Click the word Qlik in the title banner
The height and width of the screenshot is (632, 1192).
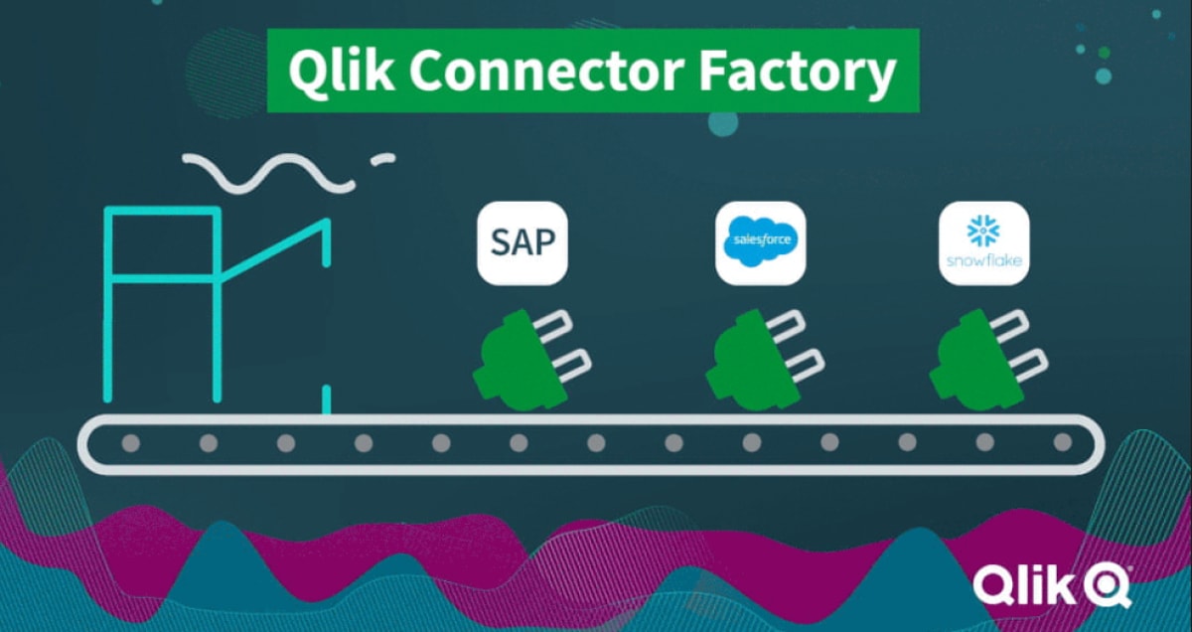pyautogui.click(x=336, y=72)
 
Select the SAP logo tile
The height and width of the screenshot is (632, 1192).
pyautogui.click(x=522, y=243)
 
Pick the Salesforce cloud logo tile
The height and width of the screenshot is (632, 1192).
pyautogui.click(x=760, y=243)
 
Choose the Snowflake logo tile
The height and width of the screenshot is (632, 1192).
pyautogui.click(x=983, y=243)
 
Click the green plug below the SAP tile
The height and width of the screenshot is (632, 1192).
pyautogui.click(x=512, y=358)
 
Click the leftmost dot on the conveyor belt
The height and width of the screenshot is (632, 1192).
pyautogui.click(x=131, y=443)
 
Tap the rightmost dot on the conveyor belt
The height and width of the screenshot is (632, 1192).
pyautogui.click(x=1062, y=443)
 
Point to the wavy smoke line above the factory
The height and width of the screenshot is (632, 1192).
pyautogui.click(x=268, y=173)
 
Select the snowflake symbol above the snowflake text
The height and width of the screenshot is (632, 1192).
pyautogui.click(x=983, y=233)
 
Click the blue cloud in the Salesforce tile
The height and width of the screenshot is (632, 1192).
pyautogui.click(x=760, y=241)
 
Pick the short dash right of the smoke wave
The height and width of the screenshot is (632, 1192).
pyautogui.click(x=382, y=158)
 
